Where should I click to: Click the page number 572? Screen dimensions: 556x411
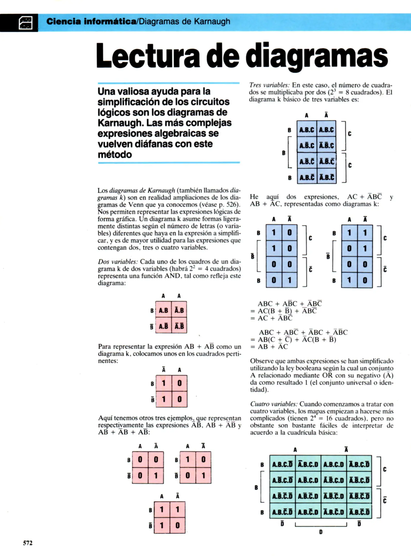point(28,543)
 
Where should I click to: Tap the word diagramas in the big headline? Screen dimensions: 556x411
point(317,56)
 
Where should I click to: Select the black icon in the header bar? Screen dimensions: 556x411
point(26,23)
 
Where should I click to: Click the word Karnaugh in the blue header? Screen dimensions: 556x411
point(212,21)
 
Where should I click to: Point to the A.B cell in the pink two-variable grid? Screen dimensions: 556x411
point(163,311)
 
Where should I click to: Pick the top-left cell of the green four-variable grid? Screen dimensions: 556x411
point(282,464)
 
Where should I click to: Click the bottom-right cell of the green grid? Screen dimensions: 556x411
point(359,512)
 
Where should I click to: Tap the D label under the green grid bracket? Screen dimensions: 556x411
point(321,532)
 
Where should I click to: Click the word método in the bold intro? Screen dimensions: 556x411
point(115,155)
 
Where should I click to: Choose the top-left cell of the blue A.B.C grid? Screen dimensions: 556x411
point(307,130)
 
